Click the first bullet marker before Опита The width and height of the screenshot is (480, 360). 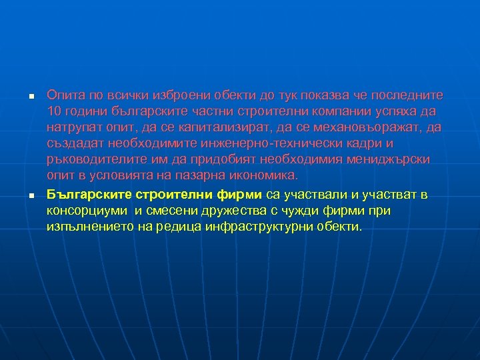(x=31, y=98)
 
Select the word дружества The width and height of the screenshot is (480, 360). (x=224, y=211)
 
